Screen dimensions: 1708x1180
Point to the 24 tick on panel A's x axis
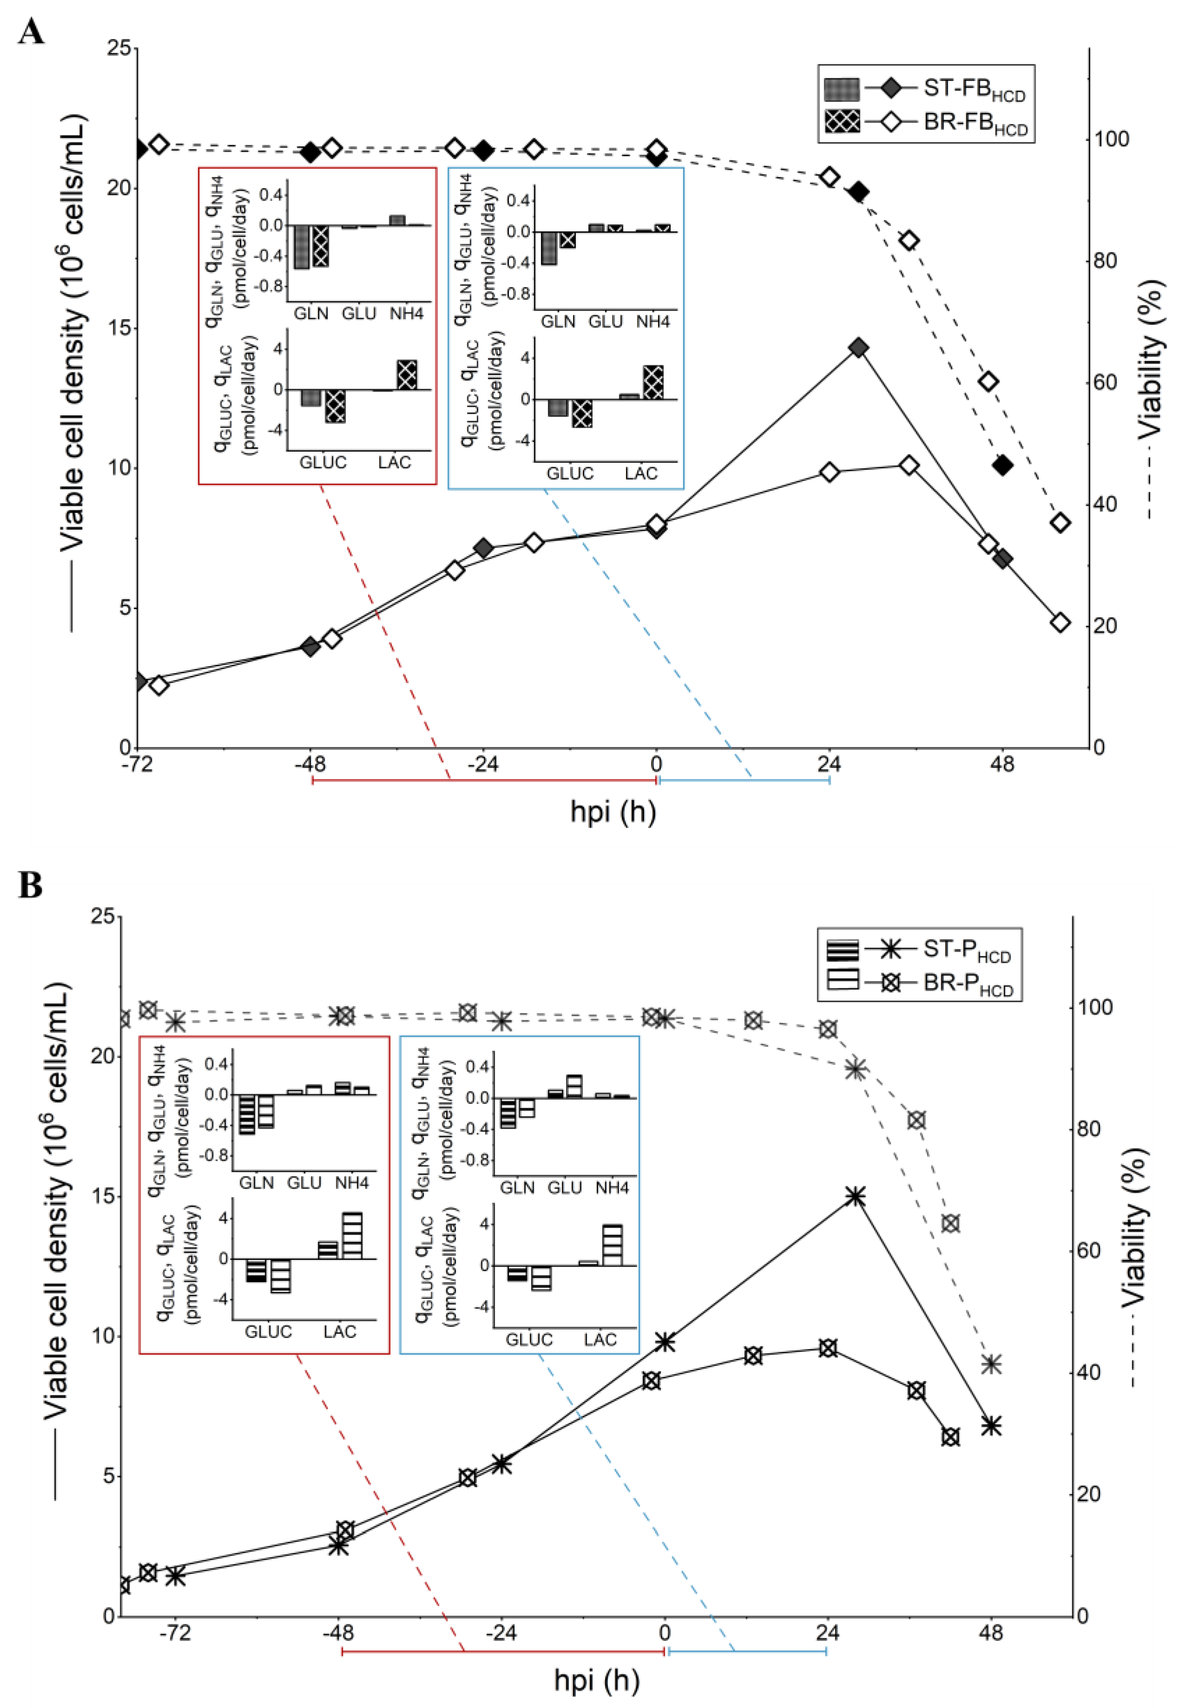click(829, 763)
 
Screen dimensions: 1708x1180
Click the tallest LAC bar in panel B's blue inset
click(612, 1245)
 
